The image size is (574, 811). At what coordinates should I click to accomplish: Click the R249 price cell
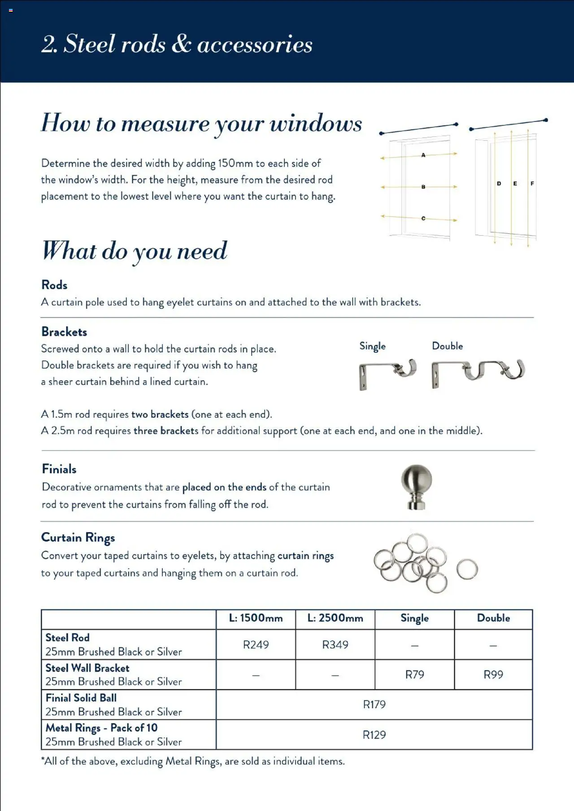[256, 645]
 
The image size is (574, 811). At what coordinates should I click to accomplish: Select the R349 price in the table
[335, 645]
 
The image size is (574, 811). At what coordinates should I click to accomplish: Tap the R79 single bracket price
[414, 674]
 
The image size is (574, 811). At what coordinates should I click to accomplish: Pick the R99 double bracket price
[493, 674]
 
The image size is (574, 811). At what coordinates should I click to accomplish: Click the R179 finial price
[374, 704]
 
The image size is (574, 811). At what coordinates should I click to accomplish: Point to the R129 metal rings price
[374, 735]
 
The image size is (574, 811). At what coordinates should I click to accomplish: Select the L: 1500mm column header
[256, 618]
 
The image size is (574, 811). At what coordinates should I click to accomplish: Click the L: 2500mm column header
[335, 618]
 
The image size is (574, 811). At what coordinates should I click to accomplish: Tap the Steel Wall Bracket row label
[87, 668]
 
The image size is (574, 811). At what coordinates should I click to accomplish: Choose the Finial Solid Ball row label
[81, 698]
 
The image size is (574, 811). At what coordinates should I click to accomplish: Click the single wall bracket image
[387, 373]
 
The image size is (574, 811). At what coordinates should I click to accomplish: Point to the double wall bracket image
[478, 372]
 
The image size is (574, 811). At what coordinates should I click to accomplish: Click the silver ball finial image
[417, 487]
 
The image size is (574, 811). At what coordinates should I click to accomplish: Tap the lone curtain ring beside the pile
[467, 569]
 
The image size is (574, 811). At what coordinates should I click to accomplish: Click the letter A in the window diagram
[423, 155]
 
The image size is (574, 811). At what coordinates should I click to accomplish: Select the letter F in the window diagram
[532, 183]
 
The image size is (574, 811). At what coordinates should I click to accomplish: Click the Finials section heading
[59, 469]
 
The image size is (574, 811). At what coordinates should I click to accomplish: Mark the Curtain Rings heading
[78, 538]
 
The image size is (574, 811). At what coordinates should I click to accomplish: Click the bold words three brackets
[165, 431]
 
